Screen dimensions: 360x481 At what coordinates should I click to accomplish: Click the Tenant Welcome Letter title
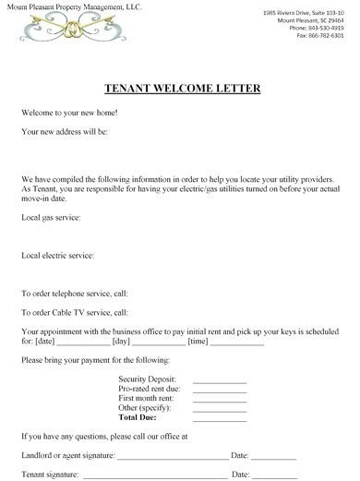coord(179,89)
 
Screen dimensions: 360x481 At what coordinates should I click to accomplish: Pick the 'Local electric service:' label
coord(57,255)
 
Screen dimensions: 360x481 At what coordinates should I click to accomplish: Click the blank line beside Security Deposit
coord(220,380)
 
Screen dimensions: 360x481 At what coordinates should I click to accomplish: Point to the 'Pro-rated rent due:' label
coord(150,390)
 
